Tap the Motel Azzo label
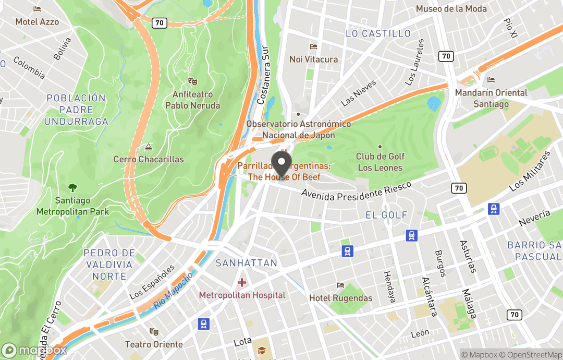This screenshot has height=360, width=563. pyautogui.click(x=37, y=22)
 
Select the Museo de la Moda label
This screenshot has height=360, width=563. pyautogui.click(x=451, y=9)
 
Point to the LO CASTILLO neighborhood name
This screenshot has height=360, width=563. pyautogui.click(x=378, y=33)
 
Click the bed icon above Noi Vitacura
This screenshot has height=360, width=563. pyautogui.click(x=313, y=47)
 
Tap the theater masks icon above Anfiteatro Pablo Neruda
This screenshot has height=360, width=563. pyautogui.click(x=192, y=81)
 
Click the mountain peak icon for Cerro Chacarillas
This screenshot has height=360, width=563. pyautogui.click(x=149, y=147)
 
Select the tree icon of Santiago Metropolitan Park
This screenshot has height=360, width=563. pyautogui.click(x=72, y=188)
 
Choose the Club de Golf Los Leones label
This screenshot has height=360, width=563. pyautogui.click(x=380, y=162)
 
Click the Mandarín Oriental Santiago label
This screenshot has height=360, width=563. pyautogui.click(x=491, y=98)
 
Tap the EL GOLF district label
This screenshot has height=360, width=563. pyautogui.click(x=386, y=215)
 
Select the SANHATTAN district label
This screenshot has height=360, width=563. pyautogui.click(x=247, y=263)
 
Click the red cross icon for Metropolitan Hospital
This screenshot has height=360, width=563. pyautogui.click(x=242, y=283)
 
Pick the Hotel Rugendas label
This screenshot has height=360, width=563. pyautogui.click(x=340, y=298)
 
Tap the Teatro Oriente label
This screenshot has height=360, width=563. pyautogui.click(x=154, y=344)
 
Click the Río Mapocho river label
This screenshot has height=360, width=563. pyautogui.click(x=174, y=291)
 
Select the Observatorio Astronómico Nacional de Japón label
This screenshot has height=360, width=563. pyautogui.click(x=298, y=129)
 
